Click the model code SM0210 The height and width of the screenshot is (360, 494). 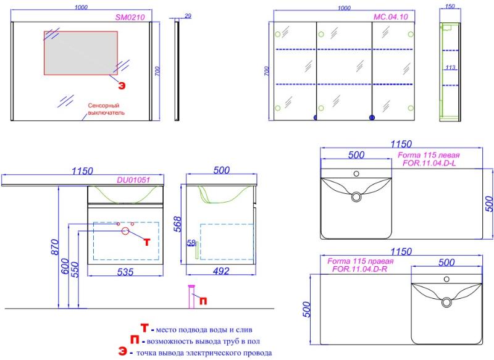click(130, 17)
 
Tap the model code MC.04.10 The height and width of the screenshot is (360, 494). click(391, 17)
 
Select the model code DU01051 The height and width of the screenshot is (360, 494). click(133, 180)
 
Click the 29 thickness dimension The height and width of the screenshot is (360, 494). click(188, 16)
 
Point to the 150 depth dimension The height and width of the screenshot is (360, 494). click(450, 6)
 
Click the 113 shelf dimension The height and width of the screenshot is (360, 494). click(451, 67)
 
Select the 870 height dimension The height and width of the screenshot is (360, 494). click(54, 247)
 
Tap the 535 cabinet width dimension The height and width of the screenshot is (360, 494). click(125, 272)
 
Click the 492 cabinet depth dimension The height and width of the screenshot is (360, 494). click(221, 271)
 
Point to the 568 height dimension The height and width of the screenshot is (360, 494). click(178, 224)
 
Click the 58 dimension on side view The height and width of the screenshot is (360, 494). click(191, 243)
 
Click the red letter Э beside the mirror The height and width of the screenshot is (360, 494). click(122, 85)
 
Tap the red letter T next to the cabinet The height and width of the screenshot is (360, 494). click(147, 242)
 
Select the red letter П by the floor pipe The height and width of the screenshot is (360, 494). click(203, 301)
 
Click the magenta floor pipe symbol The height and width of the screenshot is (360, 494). click(191, 296)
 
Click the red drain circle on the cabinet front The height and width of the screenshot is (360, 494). click(125, 231)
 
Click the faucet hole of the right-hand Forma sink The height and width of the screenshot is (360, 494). click(446, 279)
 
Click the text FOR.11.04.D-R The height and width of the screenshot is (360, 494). click(360, 269)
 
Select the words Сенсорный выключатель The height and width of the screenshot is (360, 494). click(106, 109)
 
